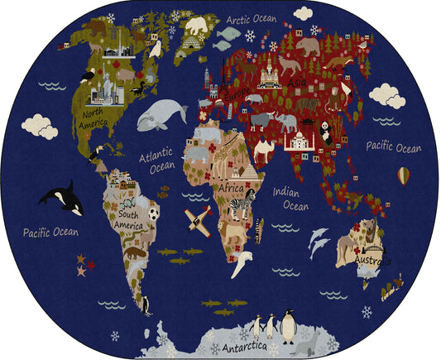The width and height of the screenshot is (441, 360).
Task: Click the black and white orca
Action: pos(60,199)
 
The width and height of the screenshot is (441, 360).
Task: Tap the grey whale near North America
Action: pos(162,114)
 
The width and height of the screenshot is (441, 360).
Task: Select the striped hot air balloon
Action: pos(403,175)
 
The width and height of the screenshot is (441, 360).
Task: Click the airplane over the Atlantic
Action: pos(198,219)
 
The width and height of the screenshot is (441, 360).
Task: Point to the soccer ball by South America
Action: pos(154,214)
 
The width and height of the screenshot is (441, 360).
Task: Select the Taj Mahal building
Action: pos(296,141)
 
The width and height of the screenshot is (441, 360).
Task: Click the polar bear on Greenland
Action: pos(196,27)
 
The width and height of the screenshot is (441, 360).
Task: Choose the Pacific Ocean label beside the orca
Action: pos(50,232)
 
